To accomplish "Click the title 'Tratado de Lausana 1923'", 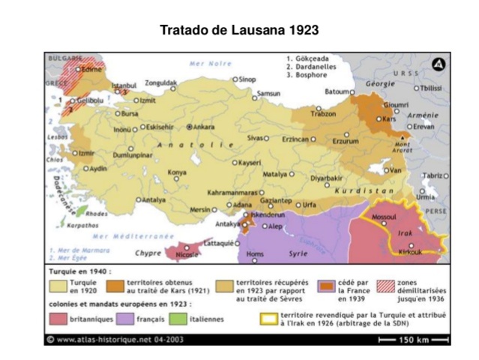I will (x=239, y=30).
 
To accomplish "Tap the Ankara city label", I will (x=204, y=127).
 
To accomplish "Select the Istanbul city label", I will (x=124, y=85).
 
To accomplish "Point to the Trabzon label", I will (x=323, y=114).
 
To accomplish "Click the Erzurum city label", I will (x=346, y=140).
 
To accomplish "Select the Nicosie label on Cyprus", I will (x=185, y=253).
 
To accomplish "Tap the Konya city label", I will (x=177, y=172).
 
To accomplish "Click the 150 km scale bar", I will (x=413, y=340).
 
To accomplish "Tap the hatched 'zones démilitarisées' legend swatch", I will (x=385, y=286).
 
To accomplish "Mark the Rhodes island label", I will (x=97, y=213).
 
